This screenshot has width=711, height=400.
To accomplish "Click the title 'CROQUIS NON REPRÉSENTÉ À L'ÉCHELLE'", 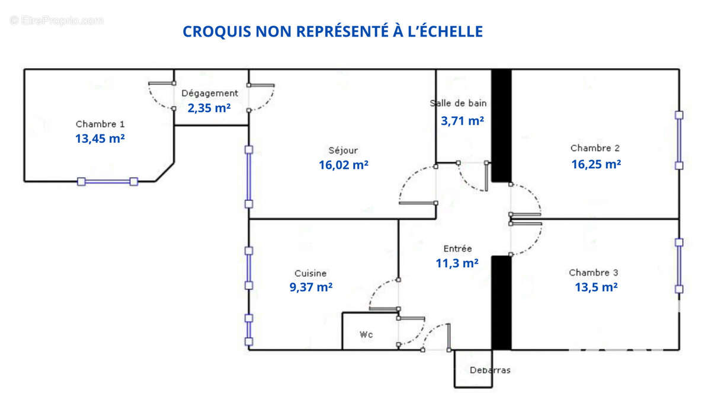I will pos(332,31).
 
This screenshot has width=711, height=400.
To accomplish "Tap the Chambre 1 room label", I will pos(100,124).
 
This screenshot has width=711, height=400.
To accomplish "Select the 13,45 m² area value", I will pos(100,139).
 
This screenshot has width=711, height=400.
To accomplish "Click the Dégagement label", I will pos(210,93).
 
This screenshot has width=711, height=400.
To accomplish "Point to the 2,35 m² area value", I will pos(209,108).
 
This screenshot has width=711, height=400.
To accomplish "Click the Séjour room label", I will pos(343,151).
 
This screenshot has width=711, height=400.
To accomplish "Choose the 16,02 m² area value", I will pos(344,165).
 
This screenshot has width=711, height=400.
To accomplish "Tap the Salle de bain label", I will pos(458,103).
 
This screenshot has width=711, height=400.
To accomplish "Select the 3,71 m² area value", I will pos(462,121).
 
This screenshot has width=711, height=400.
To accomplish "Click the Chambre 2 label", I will pos(595,148).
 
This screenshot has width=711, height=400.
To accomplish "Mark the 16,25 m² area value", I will pos(596,164).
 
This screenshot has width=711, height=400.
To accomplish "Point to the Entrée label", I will pos(457,249).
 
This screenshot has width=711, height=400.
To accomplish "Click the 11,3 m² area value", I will pos(457,264).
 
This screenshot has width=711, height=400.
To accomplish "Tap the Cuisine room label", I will pos(310,273).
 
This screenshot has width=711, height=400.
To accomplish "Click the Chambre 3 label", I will pos(594,273).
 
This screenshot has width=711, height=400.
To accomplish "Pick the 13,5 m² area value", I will pos(596,287).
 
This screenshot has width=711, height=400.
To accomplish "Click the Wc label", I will pos(366,335).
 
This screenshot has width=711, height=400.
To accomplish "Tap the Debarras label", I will pos(489,370).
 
